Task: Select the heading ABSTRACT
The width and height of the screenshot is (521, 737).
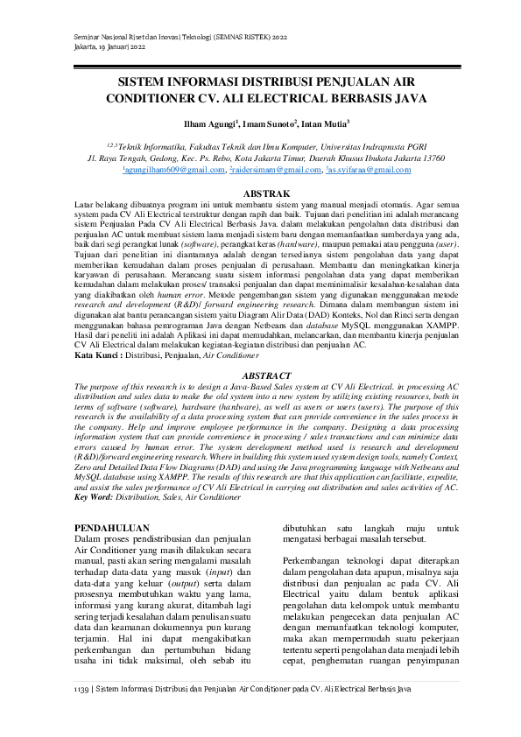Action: (260, 375)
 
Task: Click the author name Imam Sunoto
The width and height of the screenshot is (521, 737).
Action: (268, 123)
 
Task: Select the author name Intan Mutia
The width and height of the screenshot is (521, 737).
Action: (324, 123)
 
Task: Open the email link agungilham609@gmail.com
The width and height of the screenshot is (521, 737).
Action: (161, 170)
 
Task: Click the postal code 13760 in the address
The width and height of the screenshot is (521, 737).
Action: (430, 158)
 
